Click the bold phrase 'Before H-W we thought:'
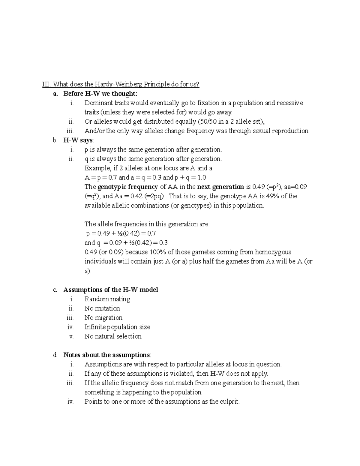tap(100, 94)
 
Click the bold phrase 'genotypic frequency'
tap(128, 187)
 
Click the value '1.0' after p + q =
tap(202, 177)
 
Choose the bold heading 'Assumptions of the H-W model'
tap(111, 290)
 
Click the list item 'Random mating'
tap(107, 299)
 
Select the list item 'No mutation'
tap(102, 308)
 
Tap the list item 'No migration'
tap(103, 317)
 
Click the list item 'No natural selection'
tap(113, 336)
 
